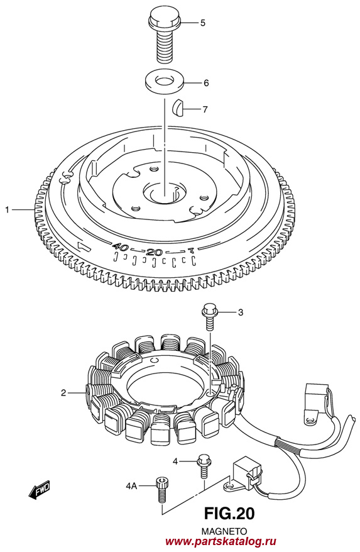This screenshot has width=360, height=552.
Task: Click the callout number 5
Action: (x=203, y=23)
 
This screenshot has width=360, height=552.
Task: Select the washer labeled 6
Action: (x=165, y=82)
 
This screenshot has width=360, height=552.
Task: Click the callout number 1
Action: (x=7, y=210)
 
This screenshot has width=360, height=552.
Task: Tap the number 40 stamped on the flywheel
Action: (x=120, y=247)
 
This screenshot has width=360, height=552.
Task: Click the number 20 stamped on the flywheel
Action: (x=155, y=251)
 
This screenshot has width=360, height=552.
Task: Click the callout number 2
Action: (x=63, y=392)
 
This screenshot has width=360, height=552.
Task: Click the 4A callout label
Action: (x=131, y=486)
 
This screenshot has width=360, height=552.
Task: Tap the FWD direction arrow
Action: (x=40, y=489)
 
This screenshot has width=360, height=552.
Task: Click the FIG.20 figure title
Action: (x=229, y=514)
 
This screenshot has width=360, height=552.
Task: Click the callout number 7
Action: (x=205, y=109)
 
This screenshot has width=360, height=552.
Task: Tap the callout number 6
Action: (x=206, y=83)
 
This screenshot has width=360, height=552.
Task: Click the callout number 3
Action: (x=241, y=312)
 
